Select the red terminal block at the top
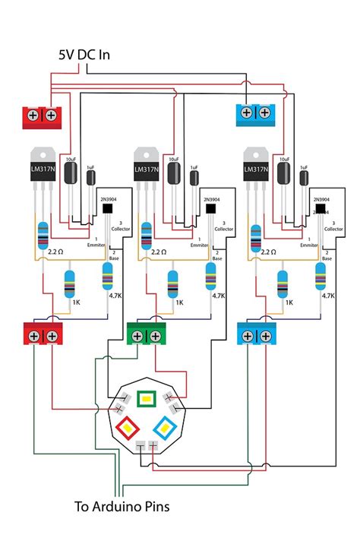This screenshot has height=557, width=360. [x=42, y=116]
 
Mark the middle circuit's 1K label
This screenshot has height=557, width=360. [x=179, y=302]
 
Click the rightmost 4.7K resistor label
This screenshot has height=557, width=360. [x=327, y=296]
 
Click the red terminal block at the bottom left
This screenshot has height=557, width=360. [x=43, y=332]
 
